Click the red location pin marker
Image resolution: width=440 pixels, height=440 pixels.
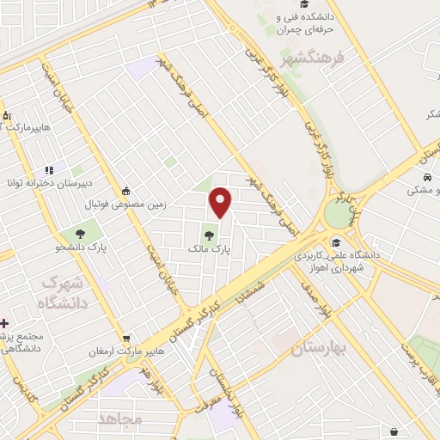click(222, 201)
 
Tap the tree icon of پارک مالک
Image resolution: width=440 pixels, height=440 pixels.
click(210, 232)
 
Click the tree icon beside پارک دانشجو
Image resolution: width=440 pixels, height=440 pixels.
click(80, 232)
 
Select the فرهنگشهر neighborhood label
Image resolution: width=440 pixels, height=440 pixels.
click(312, 59)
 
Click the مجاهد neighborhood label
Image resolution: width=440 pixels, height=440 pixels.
click(119, 419)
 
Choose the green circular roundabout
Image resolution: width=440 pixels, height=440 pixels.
click(339, 214)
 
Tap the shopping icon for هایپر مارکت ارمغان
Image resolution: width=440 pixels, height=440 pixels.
click(126, 338)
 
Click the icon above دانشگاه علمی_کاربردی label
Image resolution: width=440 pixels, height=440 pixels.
click(335, 241)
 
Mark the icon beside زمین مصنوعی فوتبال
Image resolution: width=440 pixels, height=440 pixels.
click(126, 191)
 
